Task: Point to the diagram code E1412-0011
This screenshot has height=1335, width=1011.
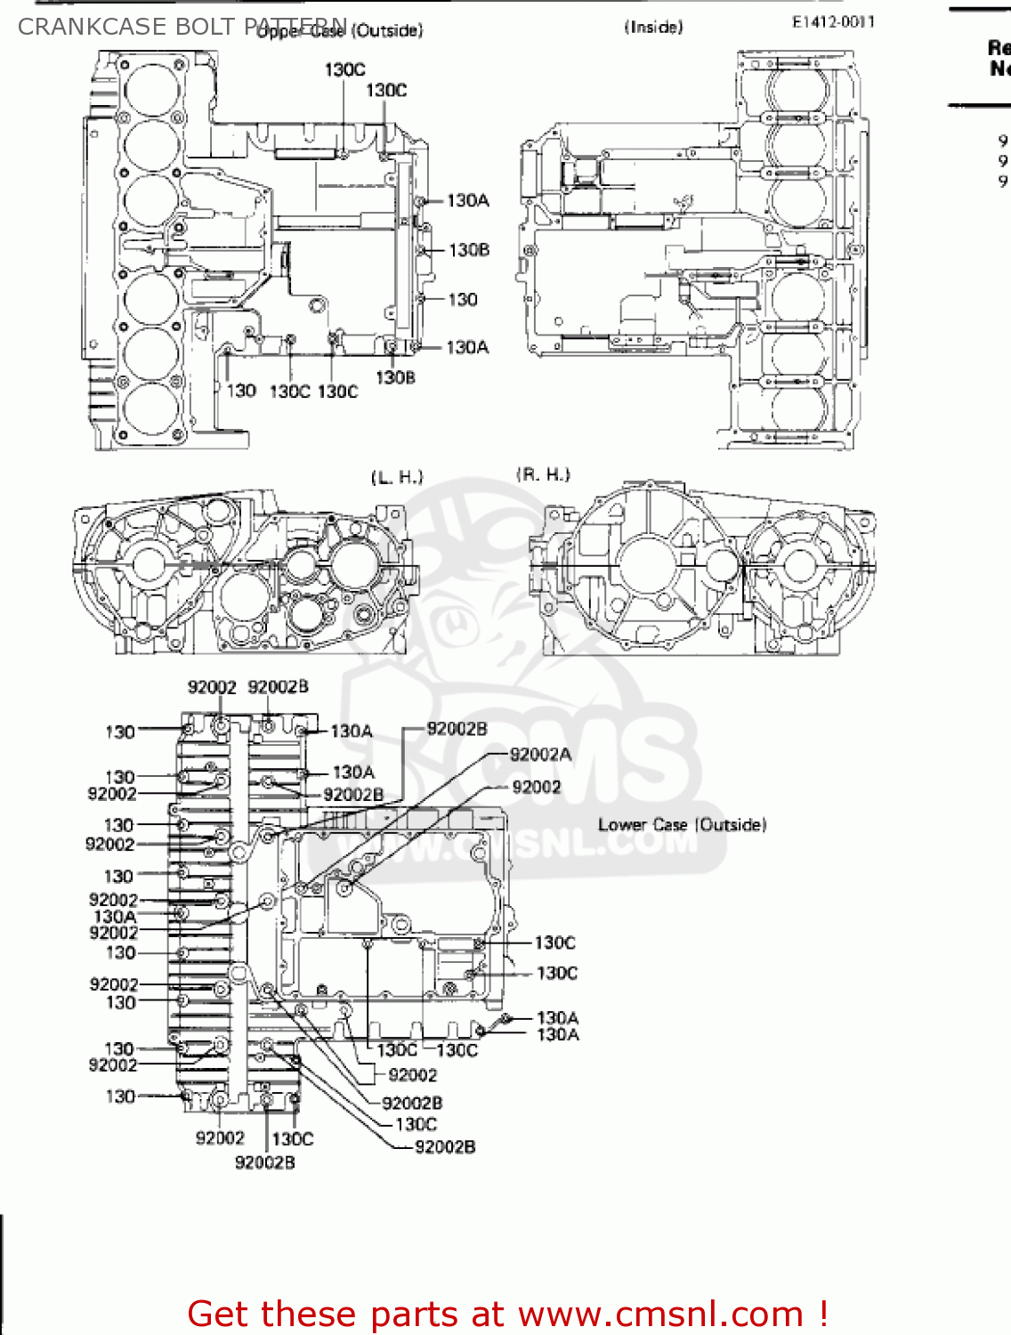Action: (x=833, y=22)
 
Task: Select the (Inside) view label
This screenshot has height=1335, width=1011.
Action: (x=653, y=28)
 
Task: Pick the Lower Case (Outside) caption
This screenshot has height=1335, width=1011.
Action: (x=682, y=825)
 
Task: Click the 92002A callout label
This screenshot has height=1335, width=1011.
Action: (x=540, y=755)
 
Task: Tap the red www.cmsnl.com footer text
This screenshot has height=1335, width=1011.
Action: (x=507, y=1314)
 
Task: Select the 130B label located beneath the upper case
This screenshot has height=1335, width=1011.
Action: (x=395, y=377)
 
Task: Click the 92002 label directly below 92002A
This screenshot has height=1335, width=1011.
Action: (x=537, y=787)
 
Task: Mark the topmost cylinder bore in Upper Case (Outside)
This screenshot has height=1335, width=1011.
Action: (x=152, y=90)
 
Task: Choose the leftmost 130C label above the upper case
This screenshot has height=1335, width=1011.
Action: (x=344, y=69)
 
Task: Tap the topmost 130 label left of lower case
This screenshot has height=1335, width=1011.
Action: (x=120, y=732)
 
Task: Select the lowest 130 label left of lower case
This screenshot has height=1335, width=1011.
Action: (x=120, y=1096)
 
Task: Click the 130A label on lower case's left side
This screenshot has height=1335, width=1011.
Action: (x=115, y=916)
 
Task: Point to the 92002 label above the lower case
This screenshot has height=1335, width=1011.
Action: (x=212, y=687)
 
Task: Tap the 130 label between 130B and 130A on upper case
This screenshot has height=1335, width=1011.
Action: (x=462, y=299)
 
